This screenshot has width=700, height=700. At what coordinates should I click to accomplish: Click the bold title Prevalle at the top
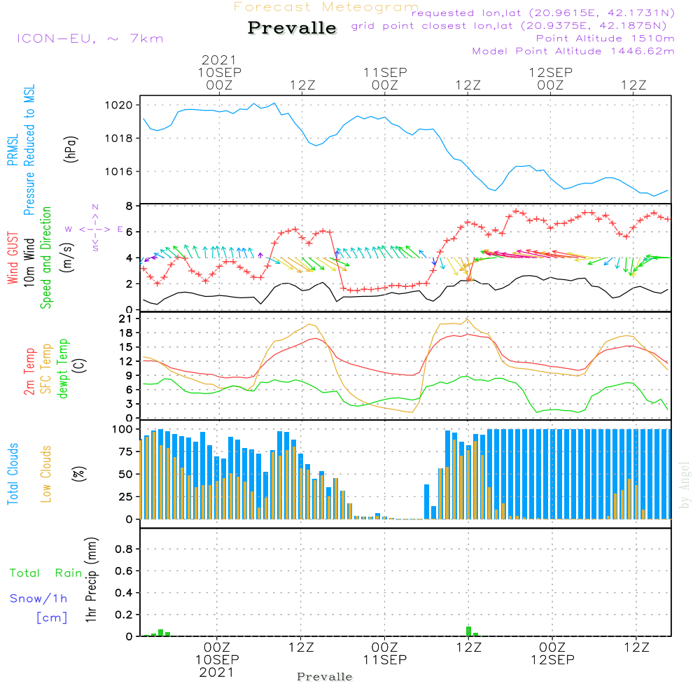(x=292, y=28)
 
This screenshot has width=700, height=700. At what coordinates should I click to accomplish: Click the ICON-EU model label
(x=90, y=38)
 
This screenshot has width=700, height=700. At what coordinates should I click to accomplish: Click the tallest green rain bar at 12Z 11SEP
(x=468, y=631)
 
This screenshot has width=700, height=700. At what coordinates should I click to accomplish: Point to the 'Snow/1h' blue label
(x=38, y=598)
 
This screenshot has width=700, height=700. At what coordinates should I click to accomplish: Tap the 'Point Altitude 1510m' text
(x=605, y=38)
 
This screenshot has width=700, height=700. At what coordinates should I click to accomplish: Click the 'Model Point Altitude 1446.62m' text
(x=573, y=51)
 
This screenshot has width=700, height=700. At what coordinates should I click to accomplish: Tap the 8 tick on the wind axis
(x=129, y=206)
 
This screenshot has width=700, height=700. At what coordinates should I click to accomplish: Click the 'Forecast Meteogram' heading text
(x=326, y=7)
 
